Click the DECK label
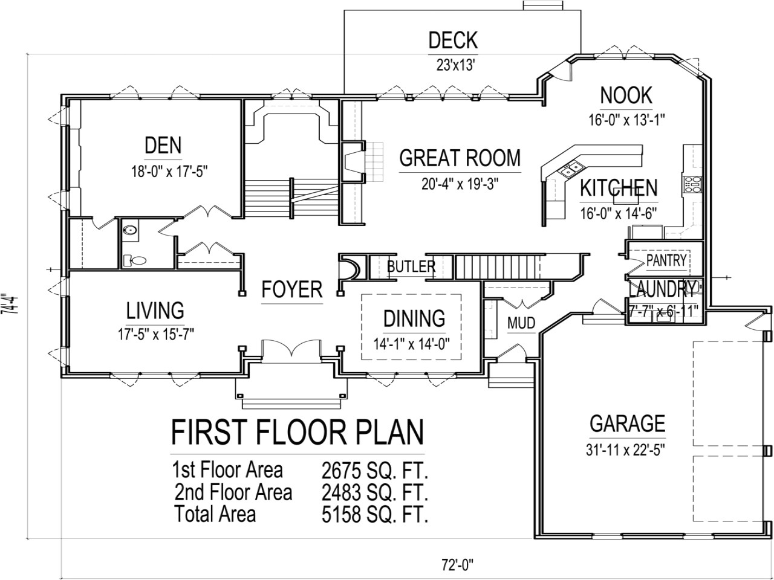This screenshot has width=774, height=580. [452, 40]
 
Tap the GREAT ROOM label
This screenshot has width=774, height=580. [460, 158]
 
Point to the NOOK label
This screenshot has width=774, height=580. [626, 95]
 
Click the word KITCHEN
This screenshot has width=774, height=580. [618, 188]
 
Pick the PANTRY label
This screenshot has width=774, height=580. [666, 260]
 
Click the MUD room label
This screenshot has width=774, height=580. [521, 323]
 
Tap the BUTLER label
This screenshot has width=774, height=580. [411, 266]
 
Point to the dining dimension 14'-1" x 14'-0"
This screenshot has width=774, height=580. [411, 344]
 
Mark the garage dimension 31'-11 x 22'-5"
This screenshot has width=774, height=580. [627, 449]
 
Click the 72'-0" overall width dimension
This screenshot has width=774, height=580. [457, 566]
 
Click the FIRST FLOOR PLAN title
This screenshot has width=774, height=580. [297, 433]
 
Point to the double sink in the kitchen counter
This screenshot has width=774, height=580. [571, 171]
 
